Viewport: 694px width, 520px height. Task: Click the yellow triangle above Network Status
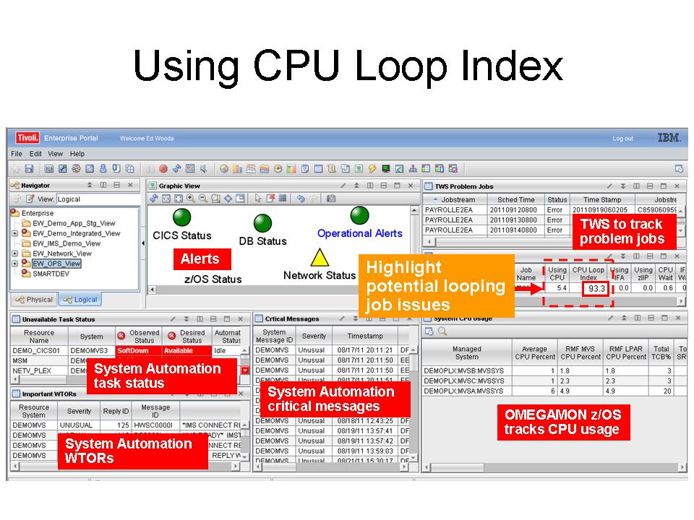coord(319,258)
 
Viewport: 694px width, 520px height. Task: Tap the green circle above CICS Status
coord(181,217)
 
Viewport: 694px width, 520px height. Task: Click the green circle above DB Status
coord(263,222)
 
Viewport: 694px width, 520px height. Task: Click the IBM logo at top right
coord(668,138)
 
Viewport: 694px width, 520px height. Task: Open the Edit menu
coord(35,154)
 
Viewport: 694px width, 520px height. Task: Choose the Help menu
coord(77,154)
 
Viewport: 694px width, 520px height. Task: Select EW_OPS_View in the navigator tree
coord(56,264)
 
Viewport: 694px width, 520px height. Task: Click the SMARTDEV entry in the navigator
coord(50,274)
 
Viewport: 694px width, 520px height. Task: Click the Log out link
coord(622,139)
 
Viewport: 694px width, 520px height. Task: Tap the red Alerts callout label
coord(200,259)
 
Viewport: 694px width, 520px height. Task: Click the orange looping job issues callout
coord(436,286)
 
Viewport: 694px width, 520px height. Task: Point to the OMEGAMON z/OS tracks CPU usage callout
coord(562,422)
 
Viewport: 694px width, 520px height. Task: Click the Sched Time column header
coord(516,199)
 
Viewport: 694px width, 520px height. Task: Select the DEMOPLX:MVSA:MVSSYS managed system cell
coord(463,391)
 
